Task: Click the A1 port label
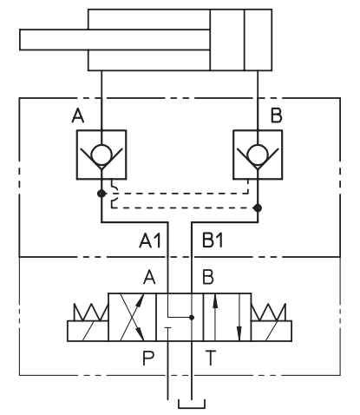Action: pyautogui.click(x=150, y=240)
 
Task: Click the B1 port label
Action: pyautogui.click(x=213, y=240)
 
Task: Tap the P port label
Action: pyautogui.click(x=148, y=358)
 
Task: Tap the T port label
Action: pyautogui.click(x=211, y=358)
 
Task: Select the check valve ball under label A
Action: pyautogui.click(x=101, y=155)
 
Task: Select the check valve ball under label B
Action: pyautogui.click(x=258, y=155)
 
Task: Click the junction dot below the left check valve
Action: pyautogui.click(x=101, y=194)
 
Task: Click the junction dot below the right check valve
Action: pyautogui.click(x=258, y=207)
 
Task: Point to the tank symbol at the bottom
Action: pyautogui.click(x=192, y=404)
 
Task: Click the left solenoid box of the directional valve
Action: pyautogui.click(x=88, y=331)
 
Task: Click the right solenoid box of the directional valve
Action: pyautogui.click(x=272, y=331)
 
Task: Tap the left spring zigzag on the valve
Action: pyautogui.click(x=91, y=312)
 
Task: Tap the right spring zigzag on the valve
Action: pyautogui.click(x=269, y=312)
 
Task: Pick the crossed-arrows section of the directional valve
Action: pyautogui.click(x=132, y=317)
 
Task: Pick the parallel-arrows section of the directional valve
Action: pyautogui.click(x=227, y=317)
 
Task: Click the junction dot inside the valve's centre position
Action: pyautogui.click(x=192, y=318)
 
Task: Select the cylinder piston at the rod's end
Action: pyautogui.click(x=227, y=40)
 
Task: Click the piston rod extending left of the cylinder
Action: pyautogui.click(x=115, y=40)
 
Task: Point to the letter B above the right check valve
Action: pyautogui.click(x=276, y=115)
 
